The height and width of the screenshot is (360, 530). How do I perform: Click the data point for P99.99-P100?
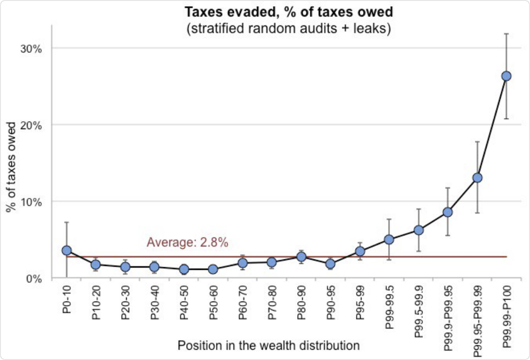(506, 76)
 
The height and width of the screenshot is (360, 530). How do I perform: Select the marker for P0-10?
(66, 251)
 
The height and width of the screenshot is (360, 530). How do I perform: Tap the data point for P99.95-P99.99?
(477, 178)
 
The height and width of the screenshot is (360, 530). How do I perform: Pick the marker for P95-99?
(360, 252)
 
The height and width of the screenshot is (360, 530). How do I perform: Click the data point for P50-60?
(213, 270)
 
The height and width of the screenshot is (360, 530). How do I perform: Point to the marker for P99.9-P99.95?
(447, 213)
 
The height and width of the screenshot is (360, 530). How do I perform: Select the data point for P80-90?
(301, 257)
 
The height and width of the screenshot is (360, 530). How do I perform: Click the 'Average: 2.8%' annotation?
(188, 243)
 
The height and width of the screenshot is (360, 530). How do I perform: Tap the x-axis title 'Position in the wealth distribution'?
(268, 345)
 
